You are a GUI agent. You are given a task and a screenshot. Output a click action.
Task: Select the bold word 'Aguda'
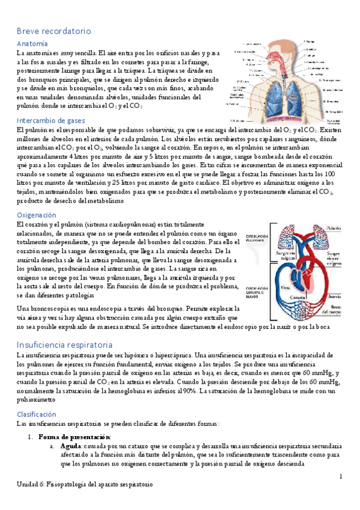[x=71, y=446]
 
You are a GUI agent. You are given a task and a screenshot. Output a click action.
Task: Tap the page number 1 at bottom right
[x=340, y=477]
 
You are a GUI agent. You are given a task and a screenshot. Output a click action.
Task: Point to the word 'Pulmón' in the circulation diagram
[x=334, y=229]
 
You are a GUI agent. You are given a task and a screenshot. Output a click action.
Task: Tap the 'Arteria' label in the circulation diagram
[x=335, y=296]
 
